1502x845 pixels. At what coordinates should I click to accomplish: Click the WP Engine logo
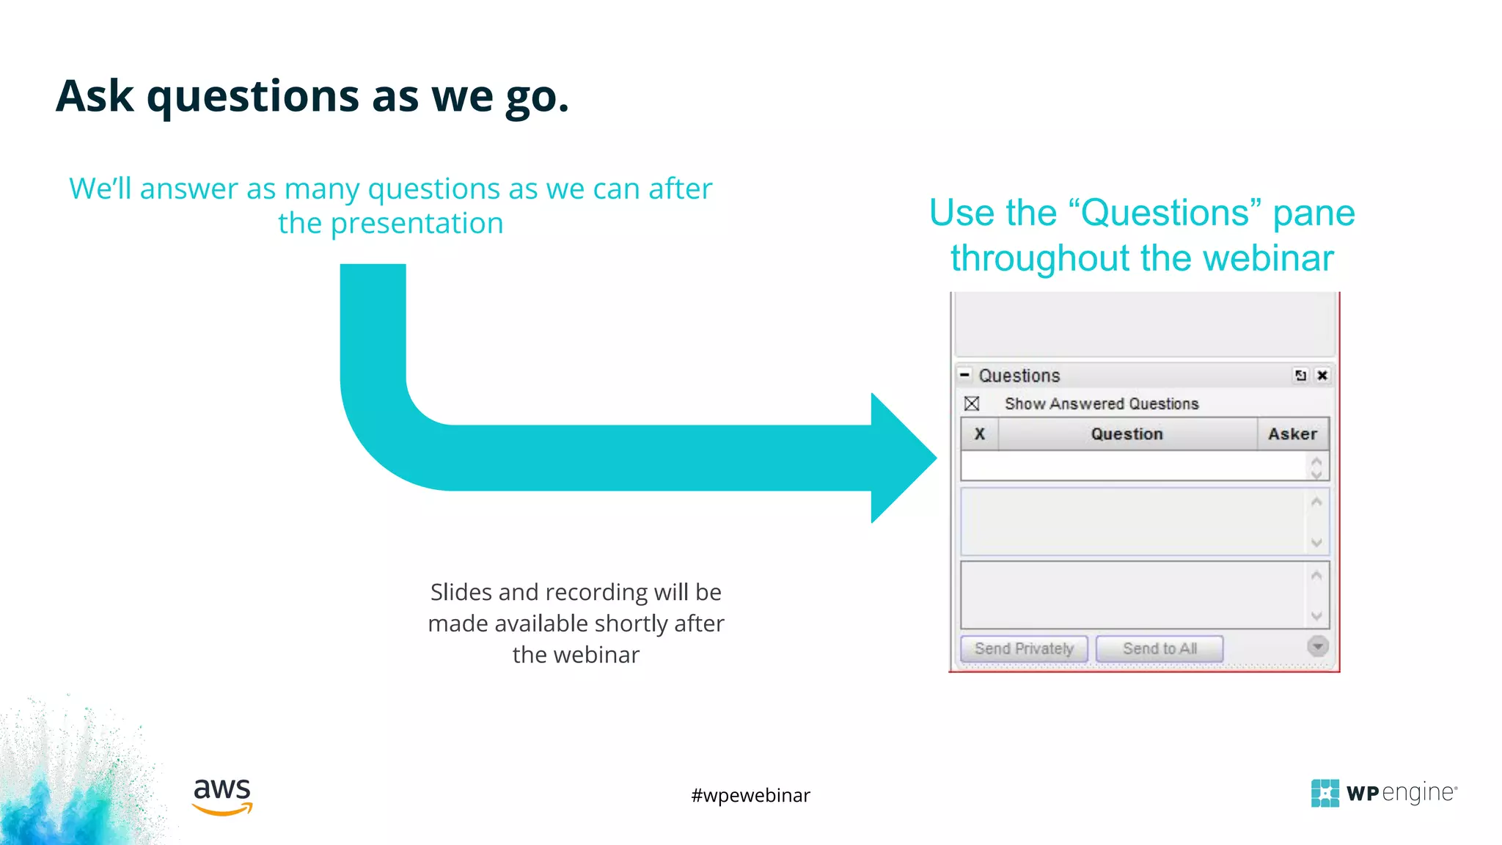pyautogui.click(x=1383, y=793)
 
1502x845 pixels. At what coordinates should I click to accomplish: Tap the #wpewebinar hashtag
pyautogui.click(x=750, y=795)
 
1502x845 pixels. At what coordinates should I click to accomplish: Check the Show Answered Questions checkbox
pyautogui.click(x=972, y=403)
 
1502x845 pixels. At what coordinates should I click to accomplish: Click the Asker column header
pyautogui.click(x=1292, y=434)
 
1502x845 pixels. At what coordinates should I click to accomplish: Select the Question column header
pyautogui.click(x=1126, y=434)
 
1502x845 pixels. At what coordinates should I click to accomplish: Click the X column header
pyautogui.click(x=979, y=434)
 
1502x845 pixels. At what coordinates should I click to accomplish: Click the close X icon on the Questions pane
pyautogui.click(x=1322, y=376)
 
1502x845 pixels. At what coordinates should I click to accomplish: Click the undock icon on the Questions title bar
pyautogui.click(x=1300, y=376)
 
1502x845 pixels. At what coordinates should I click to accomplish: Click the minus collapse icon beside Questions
pyautogui.click(x=965, y=375)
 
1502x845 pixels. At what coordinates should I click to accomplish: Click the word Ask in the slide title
pyautogui.click(x=95, y=96)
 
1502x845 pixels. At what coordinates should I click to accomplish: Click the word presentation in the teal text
pyautogui.click(x=417, y=224)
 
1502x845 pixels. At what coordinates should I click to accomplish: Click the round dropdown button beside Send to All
pyautogui.click(x=1317, y=646)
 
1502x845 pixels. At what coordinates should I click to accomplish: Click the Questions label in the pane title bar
pyautogui.click(x=1019, y=376)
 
